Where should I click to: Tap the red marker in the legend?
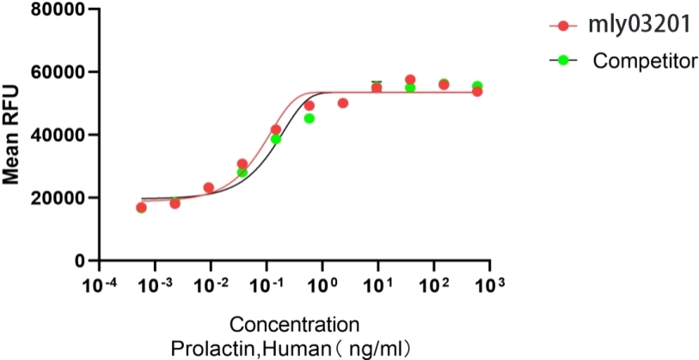pos(564,26)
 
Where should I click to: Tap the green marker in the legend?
pos(564,59)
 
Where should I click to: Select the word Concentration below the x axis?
pos(293,326)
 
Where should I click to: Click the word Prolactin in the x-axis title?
pos(205,349)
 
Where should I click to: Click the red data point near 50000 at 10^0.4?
pos(343,103)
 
